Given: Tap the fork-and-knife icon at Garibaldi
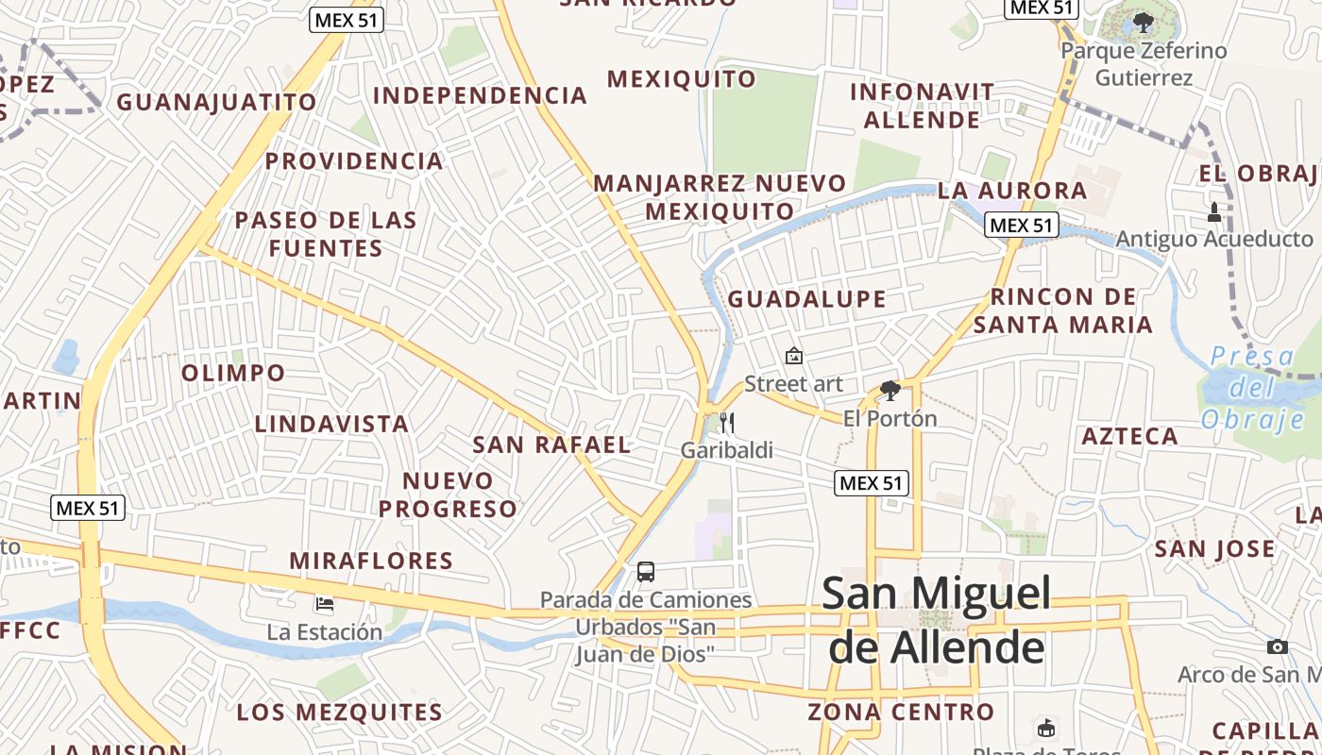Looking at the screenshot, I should [x=726, y=422].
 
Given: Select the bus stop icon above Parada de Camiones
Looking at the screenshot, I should [x=646, y=571].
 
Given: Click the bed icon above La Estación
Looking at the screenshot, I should [x=325, y=603].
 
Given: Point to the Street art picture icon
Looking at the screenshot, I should [x=794, y=356].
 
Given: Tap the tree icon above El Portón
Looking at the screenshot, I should [x=890, y=390].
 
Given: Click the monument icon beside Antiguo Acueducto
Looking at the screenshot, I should [x=1214, y=212].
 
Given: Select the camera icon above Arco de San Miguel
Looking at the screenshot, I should [x=1278, y=646].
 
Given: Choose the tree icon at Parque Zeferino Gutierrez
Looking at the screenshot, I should [x=1144, y=22].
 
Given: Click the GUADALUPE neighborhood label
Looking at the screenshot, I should [x=807, y=299].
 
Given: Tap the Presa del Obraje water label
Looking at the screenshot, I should [x=1252, y=387].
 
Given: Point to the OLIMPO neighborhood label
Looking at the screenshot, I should [x=233, y=373].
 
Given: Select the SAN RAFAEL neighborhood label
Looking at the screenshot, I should [x=551, y=445].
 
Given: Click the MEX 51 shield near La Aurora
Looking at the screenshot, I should [x=1021, y=225].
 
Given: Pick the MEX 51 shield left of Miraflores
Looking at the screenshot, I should [x=88, y=508].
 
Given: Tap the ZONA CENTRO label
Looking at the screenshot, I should [x=901, y=712].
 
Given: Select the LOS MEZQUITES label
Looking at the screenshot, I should [x=340, y=712].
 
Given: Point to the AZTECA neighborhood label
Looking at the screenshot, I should [x=1129, y=436].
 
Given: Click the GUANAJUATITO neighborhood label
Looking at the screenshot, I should [x=216, y=102].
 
